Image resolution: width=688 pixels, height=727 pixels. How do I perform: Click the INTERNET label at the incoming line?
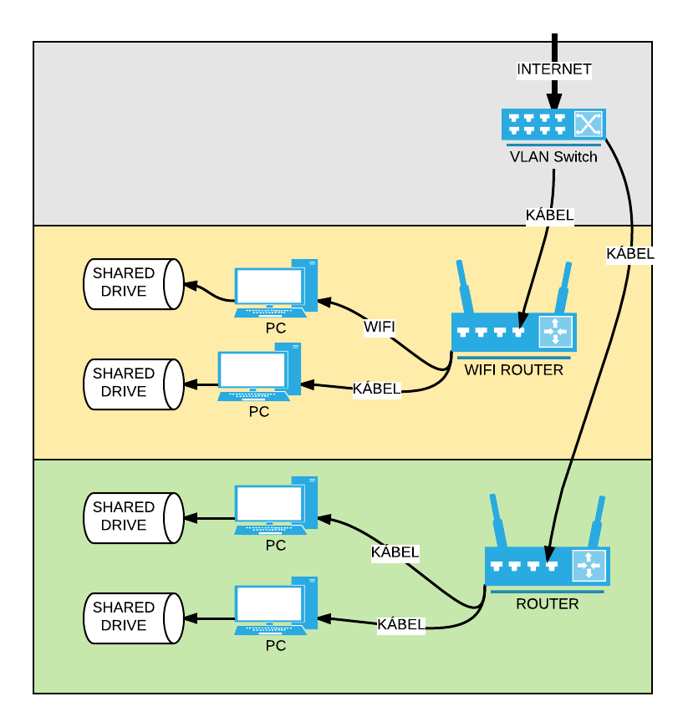coord(553,69)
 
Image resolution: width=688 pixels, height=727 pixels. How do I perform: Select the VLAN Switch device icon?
coord(553,125)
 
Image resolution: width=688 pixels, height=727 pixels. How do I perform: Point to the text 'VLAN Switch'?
coord(553,156)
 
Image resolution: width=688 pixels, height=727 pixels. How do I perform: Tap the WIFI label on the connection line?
coord(379,326)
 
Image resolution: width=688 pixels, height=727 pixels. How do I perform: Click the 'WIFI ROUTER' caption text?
coord(513,369)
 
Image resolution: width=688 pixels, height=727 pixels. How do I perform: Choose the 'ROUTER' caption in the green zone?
coord(547,603)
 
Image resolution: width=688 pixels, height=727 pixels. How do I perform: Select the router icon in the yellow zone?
coord(513,332)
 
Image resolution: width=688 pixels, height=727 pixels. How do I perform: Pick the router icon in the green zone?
coord(547,566)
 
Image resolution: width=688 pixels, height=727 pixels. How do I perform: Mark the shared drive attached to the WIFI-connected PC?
coord(134,282)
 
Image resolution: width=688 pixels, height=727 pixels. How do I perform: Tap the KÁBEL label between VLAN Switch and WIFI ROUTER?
coord(549,215)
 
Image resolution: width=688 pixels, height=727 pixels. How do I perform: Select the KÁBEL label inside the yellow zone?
coord(376,389)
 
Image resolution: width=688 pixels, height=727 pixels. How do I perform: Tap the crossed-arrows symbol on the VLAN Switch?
coord(588,125)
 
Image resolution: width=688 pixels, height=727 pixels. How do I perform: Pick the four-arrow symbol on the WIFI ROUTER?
coord(554,332)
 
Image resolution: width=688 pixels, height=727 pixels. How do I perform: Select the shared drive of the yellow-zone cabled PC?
coord(134,383)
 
